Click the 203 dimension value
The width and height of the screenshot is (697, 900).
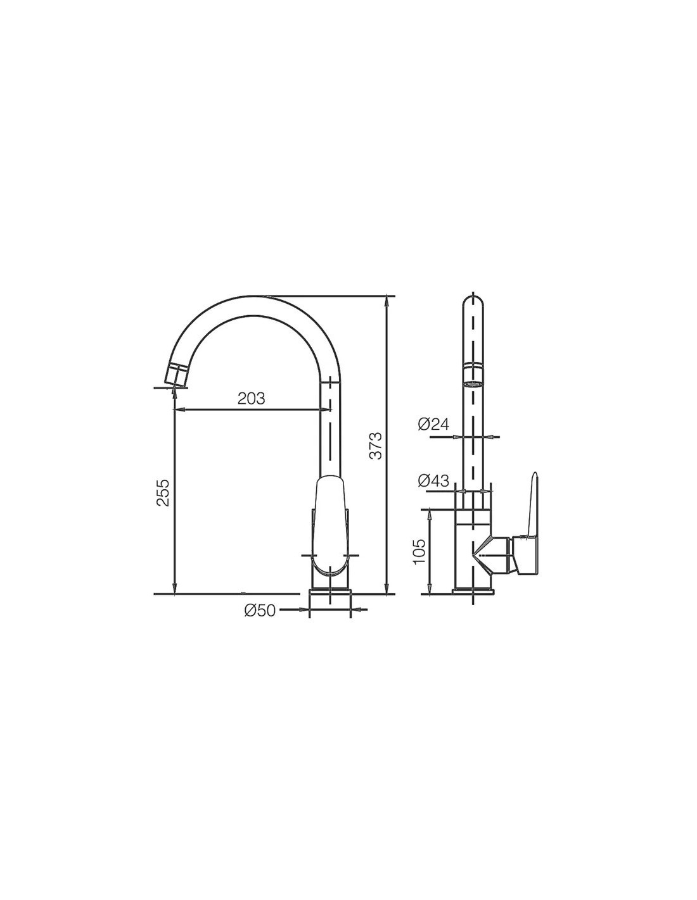point(251,399)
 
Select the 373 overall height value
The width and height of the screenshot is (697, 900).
point(375,446)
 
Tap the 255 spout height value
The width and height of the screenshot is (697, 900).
point(163,492)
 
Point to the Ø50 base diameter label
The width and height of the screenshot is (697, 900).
point(260,610)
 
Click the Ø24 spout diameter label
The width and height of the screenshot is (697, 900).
point(433,425)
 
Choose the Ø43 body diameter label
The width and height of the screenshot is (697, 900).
point(433,480)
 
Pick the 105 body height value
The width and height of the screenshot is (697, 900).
point(419,551)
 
